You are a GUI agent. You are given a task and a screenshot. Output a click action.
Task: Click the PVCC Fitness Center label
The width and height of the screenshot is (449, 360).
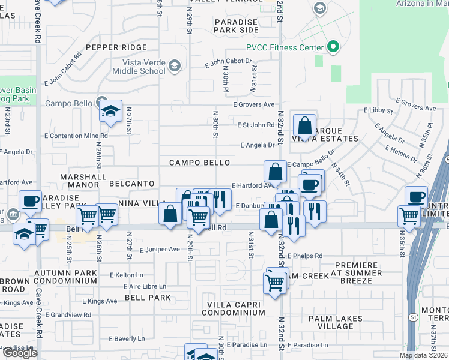coord(285,47)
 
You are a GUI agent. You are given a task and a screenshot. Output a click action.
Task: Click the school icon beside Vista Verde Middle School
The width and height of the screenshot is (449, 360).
coord(175,65)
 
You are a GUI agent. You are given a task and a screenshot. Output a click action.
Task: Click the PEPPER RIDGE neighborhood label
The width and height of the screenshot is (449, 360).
coord(116,47)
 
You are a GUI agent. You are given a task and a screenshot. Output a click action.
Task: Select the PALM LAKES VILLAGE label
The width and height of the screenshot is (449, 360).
coord(336,322)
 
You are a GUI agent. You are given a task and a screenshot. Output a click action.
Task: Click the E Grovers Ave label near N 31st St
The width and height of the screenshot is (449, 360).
coord(254,104)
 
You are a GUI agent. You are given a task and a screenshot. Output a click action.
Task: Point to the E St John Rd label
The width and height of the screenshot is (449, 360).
coord(256,125)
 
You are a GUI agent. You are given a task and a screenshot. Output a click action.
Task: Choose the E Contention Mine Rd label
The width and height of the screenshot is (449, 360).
coord(76,136)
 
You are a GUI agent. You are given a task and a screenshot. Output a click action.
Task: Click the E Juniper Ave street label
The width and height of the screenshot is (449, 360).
coord(160,250)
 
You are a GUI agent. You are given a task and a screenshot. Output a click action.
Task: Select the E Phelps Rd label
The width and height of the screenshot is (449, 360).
coord(305,256)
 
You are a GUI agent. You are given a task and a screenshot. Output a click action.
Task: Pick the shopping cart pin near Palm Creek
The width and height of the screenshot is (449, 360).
coord(274,281)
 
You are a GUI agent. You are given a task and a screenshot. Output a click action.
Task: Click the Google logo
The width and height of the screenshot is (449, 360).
coord(19,353)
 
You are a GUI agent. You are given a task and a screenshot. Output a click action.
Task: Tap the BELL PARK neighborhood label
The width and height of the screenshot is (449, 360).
coord(148,298)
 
